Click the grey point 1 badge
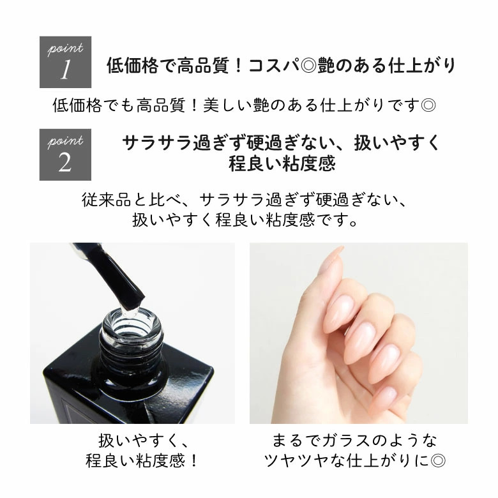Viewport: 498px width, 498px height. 65,62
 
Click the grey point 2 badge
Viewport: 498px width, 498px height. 65,155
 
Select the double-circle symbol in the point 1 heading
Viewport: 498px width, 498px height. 308,66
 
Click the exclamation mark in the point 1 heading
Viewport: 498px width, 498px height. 238,66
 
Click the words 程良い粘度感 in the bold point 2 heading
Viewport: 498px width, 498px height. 282,163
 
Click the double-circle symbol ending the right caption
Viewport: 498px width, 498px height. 438,461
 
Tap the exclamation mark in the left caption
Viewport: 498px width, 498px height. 193,461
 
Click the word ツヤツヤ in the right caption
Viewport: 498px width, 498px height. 296,461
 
